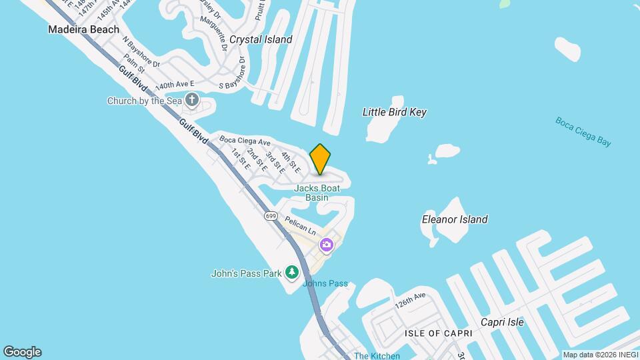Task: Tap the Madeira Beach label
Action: [83, 29]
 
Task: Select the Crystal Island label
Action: [261, 39]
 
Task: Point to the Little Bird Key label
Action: [394, 112]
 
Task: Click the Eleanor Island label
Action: [455, 219]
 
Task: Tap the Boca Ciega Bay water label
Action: [583, 132]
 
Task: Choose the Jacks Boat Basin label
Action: [317, 193]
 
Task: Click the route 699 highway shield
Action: [271, 216]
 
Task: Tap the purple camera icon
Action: [326, 245]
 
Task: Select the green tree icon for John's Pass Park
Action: [291, 272]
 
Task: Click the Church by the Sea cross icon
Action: [192, 101]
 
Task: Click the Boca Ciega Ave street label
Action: [245, 141]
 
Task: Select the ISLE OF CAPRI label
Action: [438, 333]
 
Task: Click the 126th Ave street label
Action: [409, 301]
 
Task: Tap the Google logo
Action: [22, 352]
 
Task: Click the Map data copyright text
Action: [600, 355]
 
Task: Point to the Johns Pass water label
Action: [325, 283]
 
